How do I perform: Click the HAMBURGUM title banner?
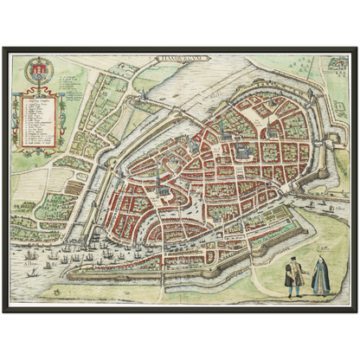(179, 62)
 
